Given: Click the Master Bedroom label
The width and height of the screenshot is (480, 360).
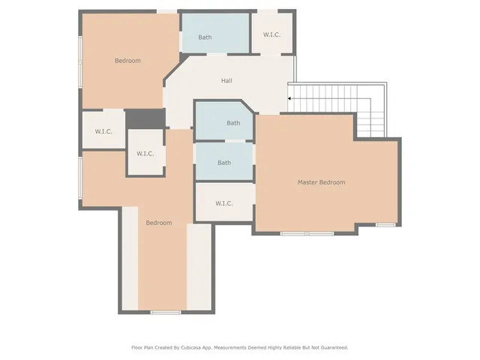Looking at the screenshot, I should (x=321, y=182).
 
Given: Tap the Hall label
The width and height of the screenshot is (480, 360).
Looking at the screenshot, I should (x=226, y=81).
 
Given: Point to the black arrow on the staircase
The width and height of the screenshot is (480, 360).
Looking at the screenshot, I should (x=290, y=98).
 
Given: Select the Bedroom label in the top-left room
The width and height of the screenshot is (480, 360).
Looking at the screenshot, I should (x=127, y=61).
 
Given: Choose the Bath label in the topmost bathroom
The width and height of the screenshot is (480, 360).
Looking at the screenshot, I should (x=205, y=37).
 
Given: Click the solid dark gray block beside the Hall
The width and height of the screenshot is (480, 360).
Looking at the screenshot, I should (x=145, y=118).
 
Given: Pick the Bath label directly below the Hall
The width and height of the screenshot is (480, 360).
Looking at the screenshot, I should (x=233, y=123).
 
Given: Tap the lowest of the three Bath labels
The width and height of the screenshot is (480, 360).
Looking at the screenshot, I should (x=224, y=163).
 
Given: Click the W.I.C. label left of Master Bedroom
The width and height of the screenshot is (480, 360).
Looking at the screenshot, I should (x=224, y=203).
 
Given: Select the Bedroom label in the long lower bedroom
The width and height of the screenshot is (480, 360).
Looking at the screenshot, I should (x=159, y=223).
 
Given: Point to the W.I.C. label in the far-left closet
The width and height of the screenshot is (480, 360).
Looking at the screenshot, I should (x=103, y=132).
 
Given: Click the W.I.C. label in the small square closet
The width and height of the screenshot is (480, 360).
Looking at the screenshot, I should (x=145, y=154).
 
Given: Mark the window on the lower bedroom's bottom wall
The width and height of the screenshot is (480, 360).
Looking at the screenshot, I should (x=165, y=312).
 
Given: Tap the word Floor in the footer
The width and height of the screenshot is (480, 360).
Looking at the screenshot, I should (x=137, y=348).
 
